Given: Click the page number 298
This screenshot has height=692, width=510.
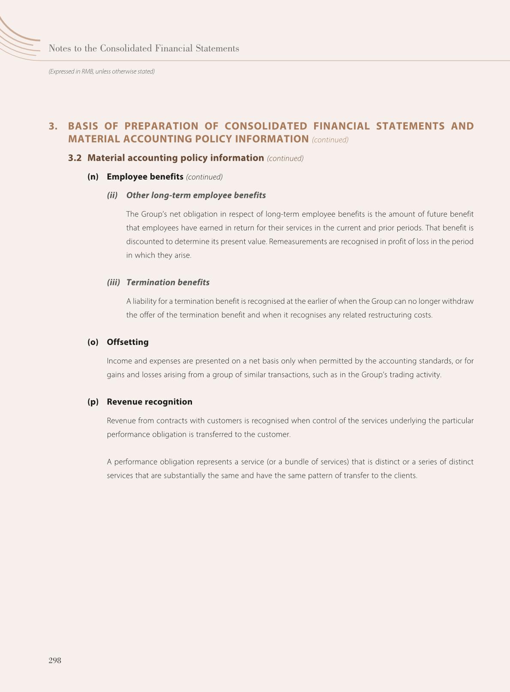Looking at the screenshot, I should pos(55,660).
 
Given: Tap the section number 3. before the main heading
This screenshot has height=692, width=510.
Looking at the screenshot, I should pos(53,126).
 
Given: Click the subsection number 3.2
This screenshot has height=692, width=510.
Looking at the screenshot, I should pos(75,158).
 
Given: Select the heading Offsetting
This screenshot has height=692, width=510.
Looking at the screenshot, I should pos(128,342).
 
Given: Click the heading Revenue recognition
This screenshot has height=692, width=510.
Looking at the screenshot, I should pos(150,401).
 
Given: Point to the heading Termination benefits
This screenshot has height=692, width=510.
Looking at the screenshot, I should pos(168,282).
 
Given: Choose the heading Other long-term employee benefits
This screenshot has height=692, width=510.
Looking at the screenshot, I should pos(196,195).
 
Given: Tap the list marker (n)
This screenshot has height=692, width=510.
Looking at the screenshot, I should pos(93,177).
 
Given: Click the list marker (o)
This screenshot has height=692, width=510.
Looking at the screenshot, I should pos(93,342).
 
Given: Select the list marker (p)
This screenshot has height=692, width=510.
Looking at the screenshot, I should pos(93,401).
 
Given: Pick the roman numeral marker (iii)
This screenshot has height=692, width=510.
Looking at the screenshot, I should pos(114,282).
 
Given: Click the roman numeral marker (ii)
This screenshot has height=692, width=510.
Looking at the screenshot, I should pos(112,195).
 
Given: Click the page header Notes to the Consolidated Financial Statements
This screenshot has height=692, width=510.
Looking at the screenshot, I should pos(144,48).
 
